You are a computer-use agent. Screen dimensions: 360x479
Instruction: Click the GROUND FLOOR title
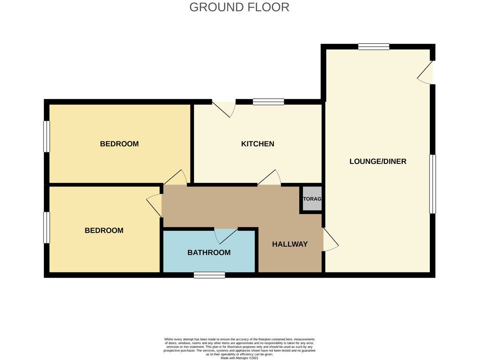239,7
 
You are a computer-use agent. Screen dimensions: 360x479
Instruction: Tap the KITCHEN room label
257,144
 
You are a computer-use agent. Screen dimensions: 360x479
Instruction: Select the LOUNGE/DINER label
378,161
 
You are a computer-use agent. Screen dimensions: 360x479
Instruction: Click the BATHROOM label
209,253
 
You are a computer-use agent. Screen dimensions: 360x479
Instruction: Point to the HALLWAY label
290,244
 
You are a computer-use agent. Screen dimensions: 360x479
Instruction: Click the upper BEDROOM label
119,144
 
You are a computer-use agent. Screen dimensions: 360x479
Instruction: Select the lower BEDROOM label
104,231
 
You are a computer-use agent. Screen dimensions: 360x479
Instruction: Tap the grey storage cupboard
312,199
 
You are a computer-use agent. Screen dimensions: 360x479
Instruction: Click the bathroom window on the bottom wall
209,275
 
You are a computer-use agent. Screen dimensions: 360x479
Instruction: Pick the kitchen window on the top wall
268,101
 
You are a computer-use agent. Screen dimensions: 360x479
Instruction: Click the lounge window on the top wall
373,46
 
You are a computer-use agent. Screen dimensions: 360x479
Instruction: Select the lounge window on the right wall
432,184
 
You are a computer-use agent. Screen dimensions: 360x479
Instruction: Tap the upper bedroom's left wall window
47,136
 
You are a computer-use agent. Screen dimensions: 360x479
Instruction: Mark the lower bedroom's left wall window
47,227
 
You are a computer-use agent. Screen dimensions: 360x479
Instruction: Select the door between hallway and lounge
329,240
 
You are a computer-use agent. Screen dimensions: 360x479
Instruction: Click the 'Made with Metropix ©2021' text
239,358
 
